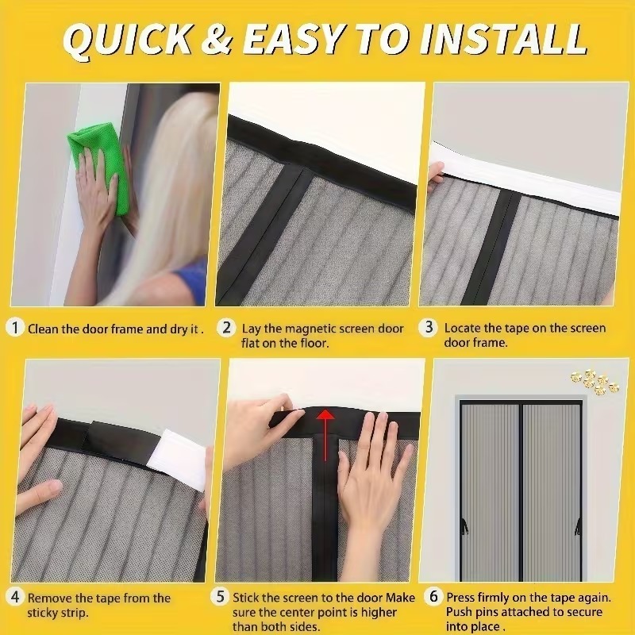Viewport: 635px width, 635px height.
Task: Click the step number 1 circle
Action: click(15, 328)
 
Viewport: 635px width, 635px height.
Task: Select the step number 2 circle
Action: click(226, 327)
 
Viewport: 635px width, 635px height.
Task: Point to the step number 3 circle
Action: click(429, 327)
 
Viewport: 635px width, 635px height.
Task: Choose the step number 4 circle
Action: click(15, 597)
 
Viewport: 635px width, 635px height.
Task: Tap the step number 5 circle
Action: click(220, 596)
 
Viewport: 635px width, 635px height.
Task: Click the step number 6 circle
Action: click(433, 596)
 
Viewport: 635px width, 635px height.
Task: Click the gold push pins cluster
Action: click(595, 382)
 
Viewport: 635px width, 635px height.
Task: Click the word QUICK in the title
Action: click(128, 39)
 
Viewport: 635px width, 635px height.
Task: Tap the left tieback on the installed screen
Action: click(464, 526)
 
